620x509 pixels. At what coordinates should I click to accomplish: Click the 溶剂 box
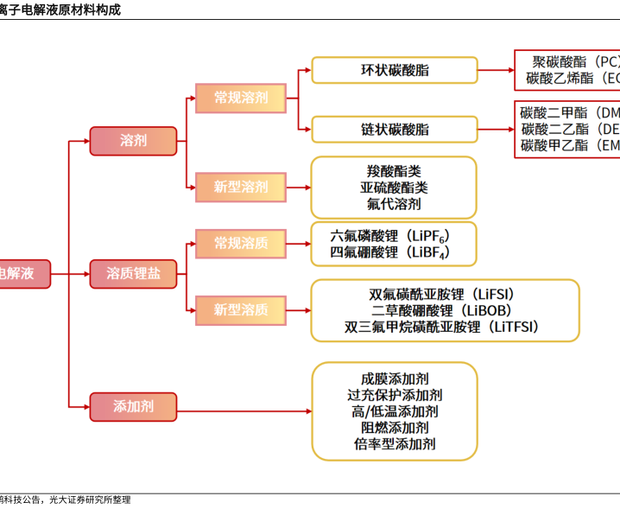(133, 140)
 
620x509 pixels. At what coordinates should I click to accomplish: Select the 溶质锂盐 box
(133, 274)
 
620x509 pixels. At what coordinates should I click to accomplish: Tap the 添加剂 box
(133, 406)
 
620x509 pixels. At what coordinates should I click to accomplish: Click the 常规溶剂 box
(241, 98)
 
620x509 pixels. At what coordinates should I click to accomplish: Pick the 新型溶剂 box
(241, 187)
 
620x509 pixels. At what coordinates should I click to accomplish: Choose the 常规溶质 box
(241, 244)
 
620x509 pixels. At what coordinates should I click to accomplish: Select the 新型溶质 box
(241, 309)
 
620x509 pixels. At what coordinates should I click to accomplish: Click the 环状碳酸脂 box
(394, 70)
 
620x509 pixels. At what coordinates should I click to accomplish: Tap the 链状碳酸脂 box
(394, 129)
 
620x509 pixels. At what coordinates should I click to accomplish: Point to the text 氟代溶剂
(394, 204)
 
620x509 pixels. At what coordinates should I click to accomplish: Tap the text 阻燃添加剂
(394, 428)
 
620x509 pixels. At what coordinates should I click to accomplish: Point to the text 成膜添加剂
(394, 379)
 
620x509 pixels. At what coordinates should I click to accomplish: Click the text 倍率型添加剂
(394, 444)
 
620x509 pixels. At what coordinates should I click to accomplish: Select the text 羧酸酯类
(394, 170)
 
